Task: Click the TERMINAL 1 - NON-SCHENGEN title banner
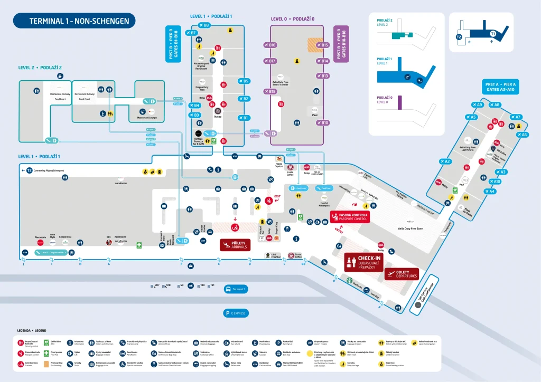tap(74, 21)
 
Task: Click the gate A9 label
tap(477, 104)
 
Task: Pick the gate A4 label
tap(489, 191)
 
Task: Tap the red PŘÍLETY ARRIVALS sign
tap(235, 244)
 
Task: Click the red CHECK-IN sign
tap(363, 261)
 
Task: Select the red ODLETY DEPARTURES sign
tap(401, 273)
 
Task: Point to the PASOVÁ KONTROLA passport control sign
tap(350, 217)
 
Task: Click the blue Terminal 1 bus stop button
tap(236, 289)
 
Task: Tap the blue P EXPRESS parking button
tap(236, 313)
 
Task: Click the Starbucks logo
tap(349, 280)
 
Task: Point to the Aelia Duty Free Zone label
tap(409, 228)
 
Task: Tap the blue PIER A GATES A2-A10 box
tap(500, 87)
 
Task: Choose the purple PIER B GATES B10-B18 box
tap(342, 44)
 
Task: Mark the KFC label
tap(109, 237)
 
